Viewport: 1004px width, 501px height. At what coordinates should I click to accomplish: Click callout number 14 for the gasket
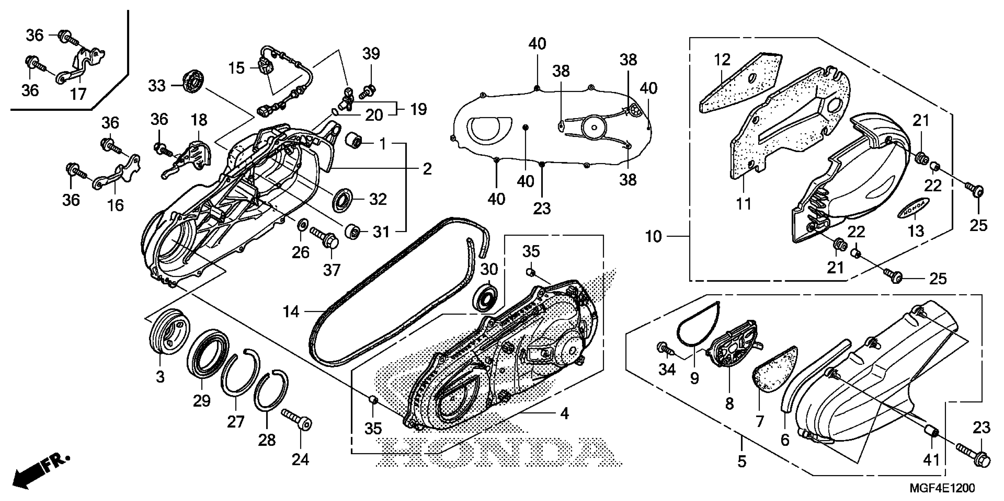[291, 312]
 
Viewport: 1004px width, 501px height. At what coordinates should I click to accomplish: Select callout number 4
[564, 413]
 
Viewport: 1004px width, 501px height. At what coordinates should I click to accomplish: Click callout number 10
[653, 236]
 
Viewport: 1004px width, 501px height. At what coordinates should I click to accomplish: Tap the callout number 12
[722, 60]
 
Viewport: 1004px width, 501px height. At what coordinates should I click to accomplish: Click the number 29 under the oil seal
[202, 401]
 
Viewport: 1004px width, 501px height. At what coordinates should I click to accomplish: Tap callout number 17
[78, 94]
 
